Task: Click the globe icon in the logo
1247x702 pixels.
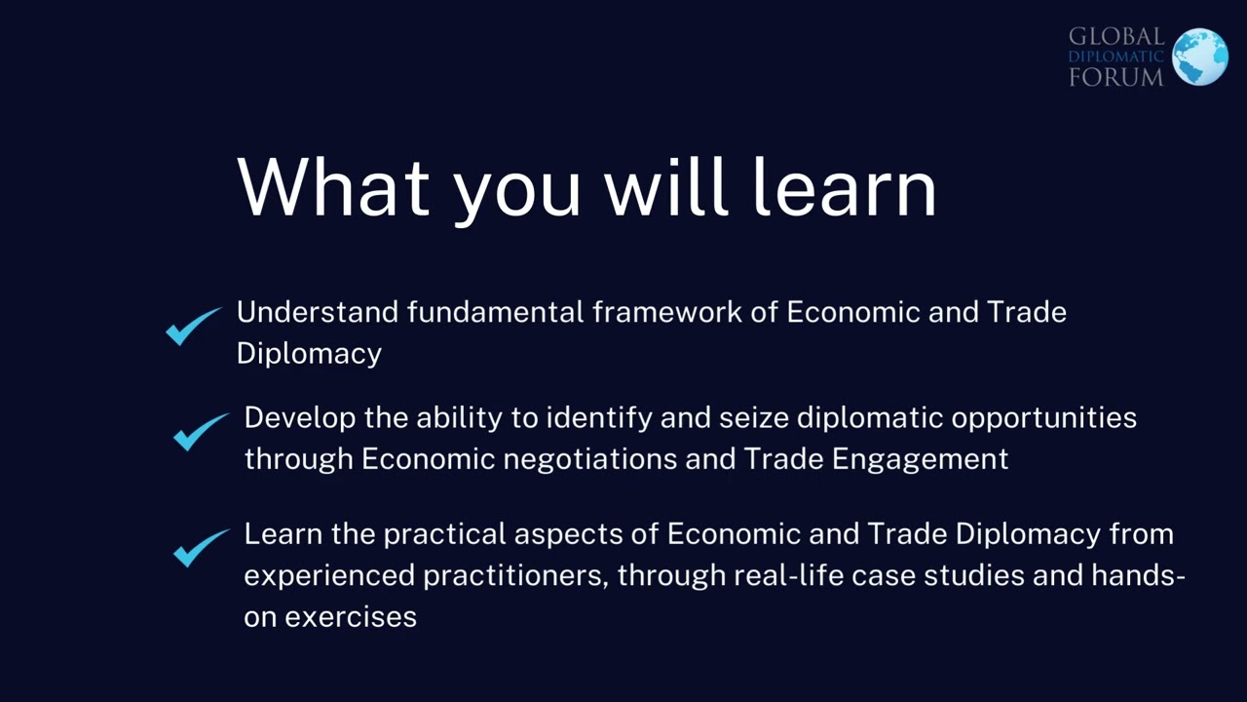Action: coord(1199,57)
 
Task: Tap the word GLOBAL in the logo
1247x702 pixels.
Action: coord(1115,37)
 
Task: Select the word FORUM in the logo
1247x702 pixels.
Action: coord(1115,77)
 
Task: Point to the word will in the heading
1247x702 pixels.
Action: coord(666,186)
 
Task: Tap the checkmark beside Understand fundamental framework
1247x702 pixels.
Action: coord(193,326)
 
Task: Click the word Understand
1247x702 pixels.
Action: coord(318,312)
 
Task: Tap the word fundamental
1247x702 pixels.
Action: coord(495,312)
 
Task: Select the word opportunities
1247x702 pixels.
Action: coord(1043,417)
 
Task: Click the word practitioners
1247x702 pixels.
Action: coord(513,575)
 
